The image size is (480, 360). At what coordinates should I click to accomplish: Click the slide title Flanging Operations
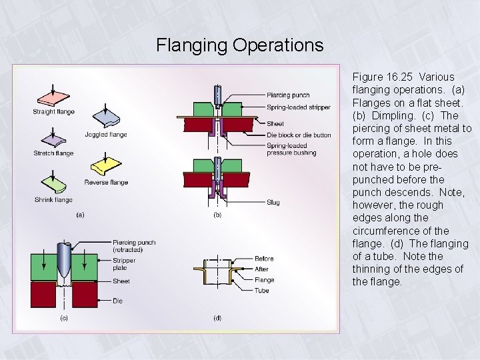[239, 45]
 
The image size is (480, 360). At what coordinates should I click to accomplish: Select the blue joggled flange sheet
[106, 119]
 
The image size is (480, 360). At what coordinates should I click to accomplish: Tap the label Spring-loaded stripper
[297, 106]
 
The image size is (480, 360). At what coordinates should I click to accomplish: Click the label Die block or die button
[298, 135]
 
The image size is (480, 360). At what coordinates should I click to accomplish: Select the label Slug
[273, 203]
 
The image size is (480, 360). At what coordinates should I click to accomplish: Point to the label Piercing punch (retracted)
[134, 245]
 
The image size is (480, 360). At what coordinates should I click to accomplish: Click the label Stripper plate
[124, 264]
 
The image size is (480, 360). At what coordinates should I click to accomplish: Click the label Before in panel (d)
[264, 259]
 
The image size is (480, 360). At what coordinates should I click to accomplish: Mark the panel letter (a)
[80, 215]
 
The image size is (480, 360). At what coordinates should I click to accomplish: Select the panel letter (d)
[217, 318]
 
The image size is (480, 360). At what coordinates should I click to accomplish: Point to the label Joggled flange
[105, 135]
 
